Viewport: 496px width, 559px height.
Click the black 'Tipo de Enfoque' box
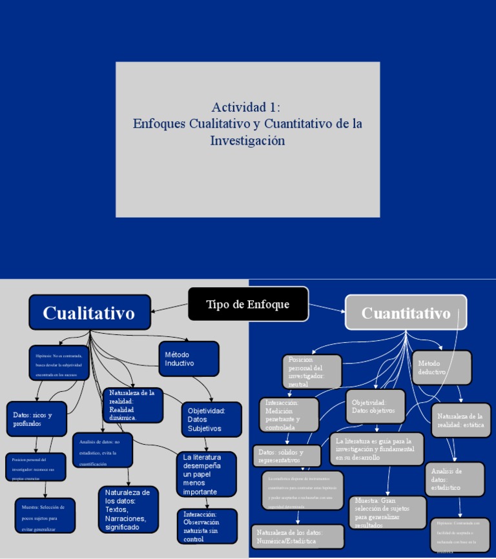[248, 304]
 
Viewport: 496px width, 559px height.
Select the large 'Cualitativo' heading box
[89, 312]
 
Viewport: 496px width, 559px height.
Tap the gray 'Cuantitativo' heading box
[406, 313]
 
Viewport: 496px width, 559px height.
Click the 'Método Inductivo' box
[189, 359]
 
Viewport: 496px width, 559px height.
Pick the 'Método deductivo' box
[442, 367]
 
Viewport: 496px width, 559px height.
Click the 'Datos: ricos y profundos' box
[37, 420]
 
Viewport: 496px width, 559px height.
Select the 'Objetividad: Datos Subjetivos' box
[212, 420]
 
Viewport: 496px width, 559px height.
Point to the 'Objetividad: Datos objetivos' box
[375, 407]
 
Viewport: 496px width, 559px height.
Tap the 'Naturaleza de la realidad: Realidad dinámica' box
[132, 405]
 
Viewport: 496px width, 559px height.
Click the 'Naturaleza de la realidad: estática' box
[460, 421]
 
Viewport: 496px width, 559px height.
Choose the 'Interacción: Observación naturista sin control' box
[207, 526]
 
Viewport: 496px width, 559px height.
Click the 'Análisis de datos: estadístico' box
[454, 480]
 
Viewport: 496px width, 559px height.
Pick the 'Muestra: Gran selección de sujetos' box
[387, 513]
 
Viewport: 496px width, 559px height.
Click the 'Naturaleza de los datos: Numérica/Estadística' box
[289, 536]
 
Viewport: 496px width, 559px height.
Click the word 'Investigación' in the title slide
[247, 140]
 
